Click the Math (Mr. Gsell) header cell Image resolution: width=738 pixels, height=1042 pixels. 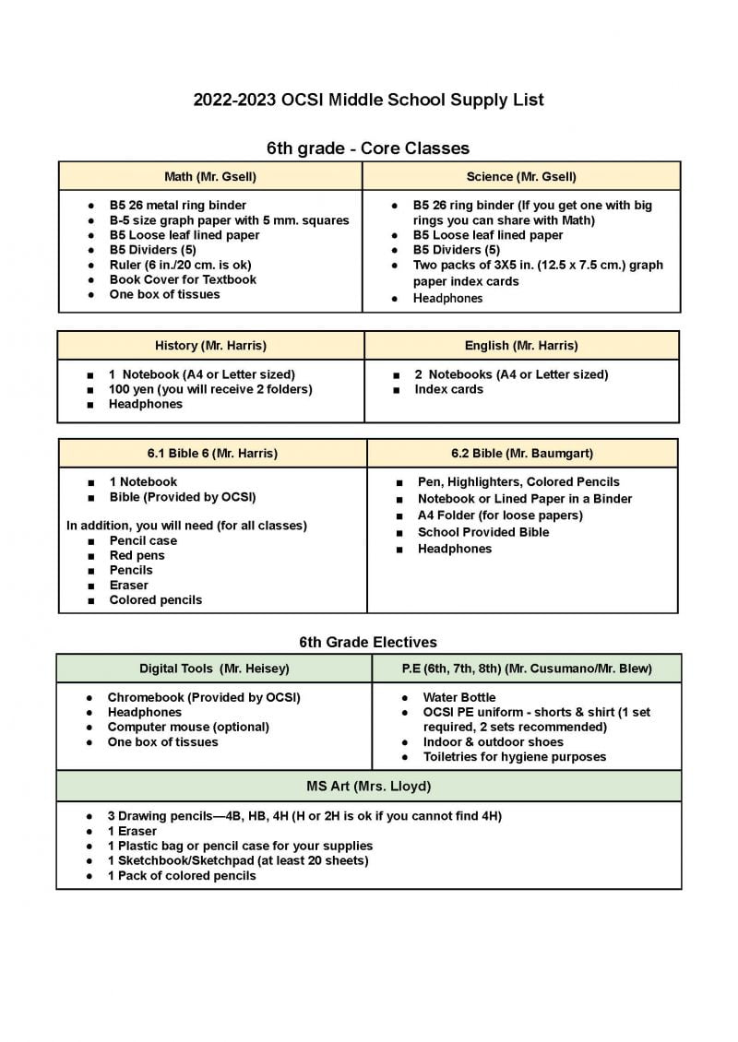(x=210, y=176)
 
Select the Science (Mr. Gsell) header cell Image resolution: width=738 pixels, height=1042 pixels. (x=521, y=176)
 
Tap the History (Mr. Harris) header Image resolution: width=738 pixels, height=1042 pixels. (x=210, y=346)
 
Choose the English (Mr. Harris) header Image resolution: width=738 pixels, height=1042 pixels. (x=521, y=346)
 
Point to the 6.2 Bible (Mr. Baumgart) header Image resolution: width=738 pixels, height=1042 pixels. (x=522, y=454)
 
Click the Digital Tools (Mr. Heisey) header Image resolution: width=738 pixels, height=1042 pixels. (x=214, y=669)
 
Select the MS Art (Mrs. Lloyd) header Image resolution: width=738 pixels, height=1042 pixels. (x=369, y=787)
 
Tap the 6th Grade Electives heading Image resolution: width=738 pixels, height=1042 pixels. (x=368, y=642)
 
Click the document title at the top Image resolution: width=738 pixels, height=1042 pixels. (x=368, y=100)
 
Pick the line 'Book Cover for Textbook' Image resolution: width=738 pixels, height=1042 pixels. (x=183, y=279)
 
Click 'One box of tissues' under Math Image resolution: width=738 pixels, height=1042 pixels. (x=164, y=294)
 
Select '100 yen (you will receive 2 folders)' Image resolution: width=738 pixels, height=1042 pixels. (x=210, y=389)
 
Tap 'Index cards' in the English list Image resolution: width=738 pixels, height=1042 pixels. (x=448, y=389)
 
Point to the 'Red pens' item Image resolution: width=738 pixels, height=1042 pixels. (x=137, y=555)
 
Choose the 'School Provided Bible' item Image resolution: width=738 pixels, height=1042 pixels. (x=482, y=532)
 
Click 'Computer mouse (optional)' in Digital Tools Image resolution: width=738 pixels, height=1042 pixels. (x=188, y=727)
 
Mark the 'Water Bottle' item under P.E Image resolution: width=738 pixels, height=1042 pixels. (x=458, y=697)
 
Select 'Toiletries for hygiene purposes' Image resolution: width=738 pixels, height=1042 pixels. (x=514, y=756)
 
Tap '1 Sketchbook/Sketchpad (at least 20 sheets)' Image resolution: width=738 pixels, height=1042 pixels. (x=237, y=860)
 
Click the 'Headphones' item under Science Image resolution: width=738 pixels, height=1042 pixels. (x=447, y=299)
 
